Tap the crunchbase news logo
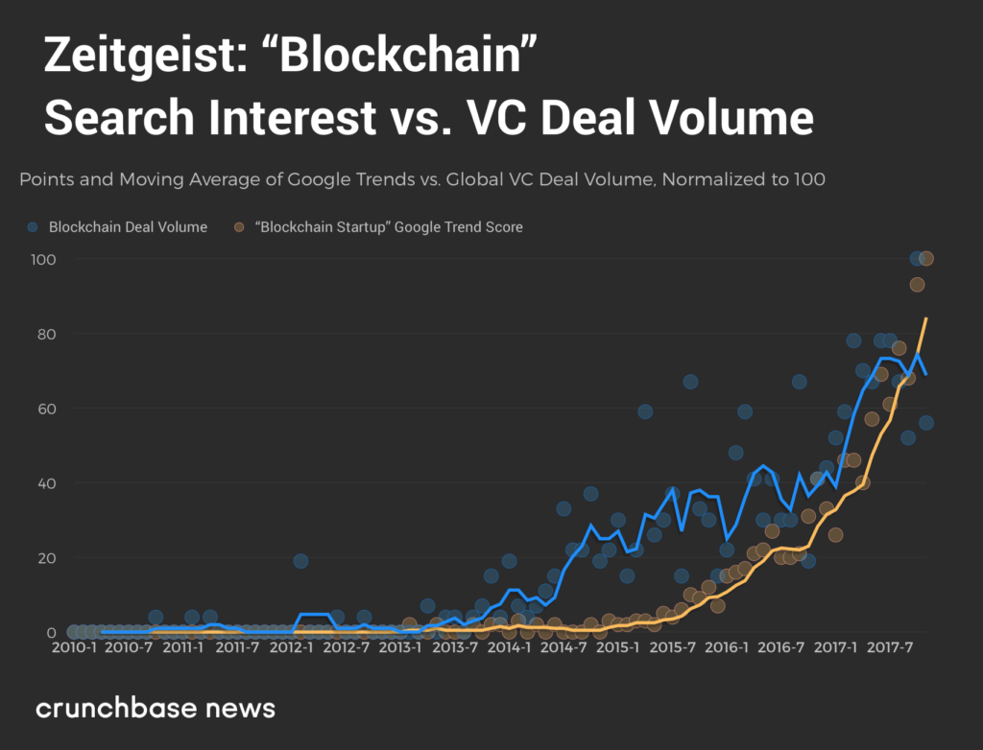(156, 709)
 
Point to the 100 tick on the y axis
(42, 260)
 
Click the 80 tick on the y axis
(44, 335)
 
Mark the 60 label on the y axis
(44, 410)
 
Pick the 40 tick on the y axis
(44, 483)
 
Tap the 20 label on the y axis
(44, 558)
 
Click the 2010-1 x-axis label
(74, 648)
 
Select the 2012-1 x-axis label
(292, 648)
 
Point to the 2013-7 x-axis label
(455, 648)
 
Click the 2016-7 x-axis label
(781, 648)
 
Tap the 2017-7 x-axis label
(890, 648)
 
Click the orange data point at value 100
(926, 259)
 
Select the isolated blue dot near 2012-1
(300, 561)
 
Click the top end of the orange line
(926, 318)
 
